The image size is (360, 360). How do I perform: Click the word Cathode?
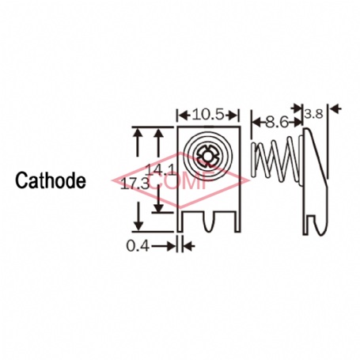(x=51, y=180)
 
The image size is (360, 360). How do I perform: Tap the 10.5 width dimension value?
(x=208, y=115)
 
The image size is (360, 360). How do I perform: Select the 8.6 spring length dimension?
(x=277, y=122)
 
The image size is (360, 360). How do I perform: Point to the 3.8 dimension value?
(x=313, y=115)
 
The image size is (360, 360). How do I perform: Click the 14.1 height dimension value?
(x=161, y=169)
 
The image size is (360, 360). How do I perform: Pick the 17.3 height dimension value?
(x=135, y=184)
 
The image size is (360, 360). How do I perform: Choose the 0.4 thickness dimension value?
(x=138, y=246)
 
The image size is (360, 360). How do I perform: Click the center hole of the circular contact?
(x=208, y=156)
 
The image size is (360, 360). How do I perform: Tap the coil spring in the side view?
(x=276, y=160)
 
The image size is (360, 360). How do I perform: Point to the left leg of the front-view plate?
(x=180, y=221)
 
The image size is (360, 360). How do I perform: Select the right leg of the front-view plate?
(x=237, y=221)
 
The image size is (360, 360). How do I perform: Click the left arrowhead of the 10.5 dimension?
(x=184, y=115)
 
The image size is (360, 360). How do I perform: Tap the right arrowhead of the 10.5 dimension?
(x=233, y=115)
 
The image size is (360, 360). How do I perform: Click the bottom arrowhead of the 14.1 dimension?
(x=158, y=207)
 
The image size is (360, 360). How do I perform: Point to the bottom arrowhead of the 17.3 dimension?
(x=138, y=226)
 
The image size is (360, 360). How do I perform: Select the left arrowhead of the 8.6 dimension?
(x=256, y=122)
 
